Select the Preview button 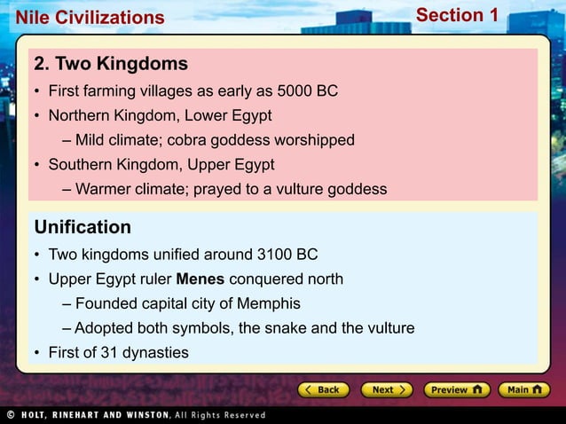pyautogui.click(x=456, y=389)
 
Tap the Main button pyautogui.click(x=523, y=389)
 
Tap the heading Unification pyautogui.click(x=83, y=227)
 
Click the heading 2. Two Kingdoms pyautogui.click(x=111, y=64)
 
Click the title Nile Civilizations pyautogui.click(x=83, y=18)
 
